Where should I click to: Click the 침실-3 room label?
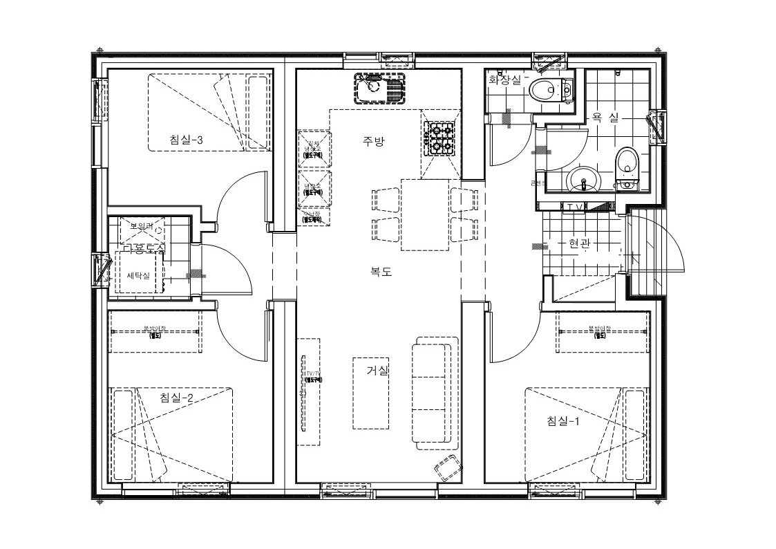click(x=186, y=140)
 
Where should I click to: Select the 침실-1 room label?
click(x=562, y=420)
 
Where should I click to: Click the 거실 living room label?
click(x=377, y=371)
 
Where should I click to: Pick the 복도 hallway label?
click(x=381, y=272)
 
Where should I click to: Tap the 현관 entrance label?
click(x=579, y=243)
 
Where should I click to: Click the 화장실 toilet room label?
click(x=504, y=80)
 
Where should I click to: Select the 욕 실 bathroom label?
click(x=605, y=118)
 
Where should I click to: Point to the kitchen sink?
click(x=379, y=88)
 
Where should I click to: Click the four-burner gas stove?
click(x=440, y=138)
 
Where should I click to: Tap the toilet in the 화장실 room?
click(x=551, y=89)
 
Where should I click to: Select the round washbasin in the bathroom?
click(x=585, y=183)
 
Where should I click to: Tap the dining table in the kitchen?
click(x=424, y=214)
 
